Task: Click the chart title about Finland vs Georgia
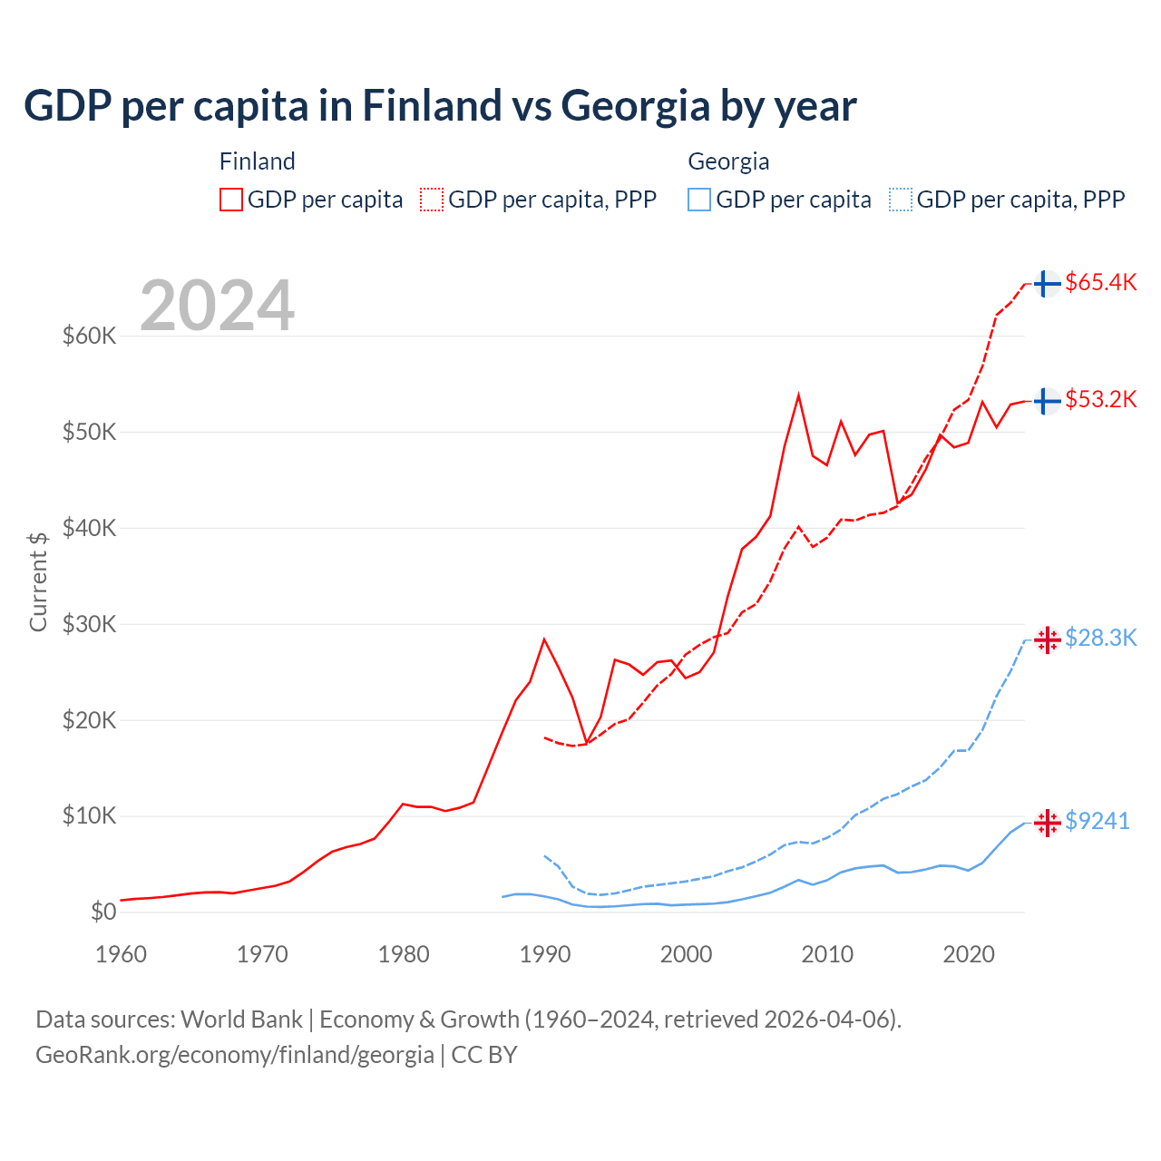pyautogui.click(x=440, y=106)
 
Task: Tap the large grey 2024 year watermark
pyautogui.click(x=218, y=306)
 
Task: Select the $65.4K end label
pyautogui.click(x=1100, y=282)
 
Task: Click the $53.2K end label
pyautogui.click(x=1100, y=399)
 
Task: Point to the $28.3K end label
pyautogui.click(x=1100, y=638)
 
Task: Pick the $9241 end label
pyautogui.click(x=1097, y=821)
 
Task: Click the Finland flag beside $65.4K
pyautogui.click(x=1048, y=284)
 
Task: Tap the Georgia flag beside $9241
pyautogui.click(x=1048, y=823)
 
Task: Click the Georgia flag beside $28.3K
pyautogui.click(x=1048, y=639)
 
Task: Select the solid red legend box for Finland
pyautogui.click(x=231, y=200)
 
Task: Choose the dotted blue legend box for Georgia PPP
pyautogui.click(x=901, y=200)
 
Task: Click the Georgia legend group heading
pyautogui.click(x=728, y=161)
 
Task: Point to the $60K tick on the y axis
pyautogui.click(x=89, y=336)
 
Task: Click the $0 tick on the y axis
pyautogui.click(x=103, y=912)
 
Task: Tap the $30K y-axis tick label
pyautogui.click(x=89, y=624)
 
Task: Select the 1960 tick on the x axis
pyautogui.click(x=121, y=954)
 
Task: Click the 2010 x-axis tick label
pyautogui.click(x=827, y=954)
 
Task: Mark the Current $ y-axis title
pyautogui.click(x=38, y=581)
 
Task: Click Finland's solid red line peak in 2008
pyautogui.click(x=798, y=395)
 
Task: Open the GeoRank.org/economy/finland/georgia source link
pyautogui.click(x=235, y=1055)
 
